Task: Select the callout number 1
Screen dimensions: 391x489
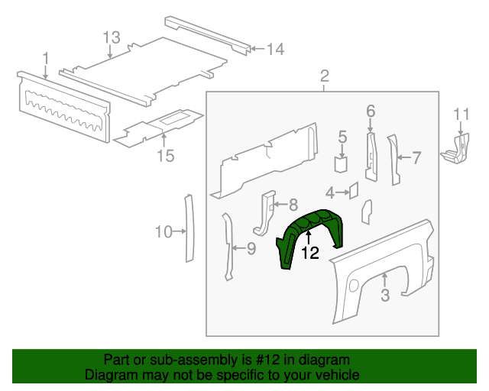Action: (x=46, y=57)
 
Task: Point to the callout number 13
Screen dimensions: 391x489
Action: (x=111, y=37)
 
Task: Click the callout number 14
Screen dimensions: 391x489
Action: (x=274, y=50)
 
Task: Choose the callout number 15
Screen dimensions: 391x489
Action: (x=166, y=156)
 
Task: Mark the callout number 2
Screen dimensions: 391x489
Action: (x=324, y=76)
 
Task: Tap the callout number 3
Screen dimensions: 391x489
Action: (x=386, y=295)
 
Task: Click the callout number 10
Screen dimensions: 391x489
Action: (x=164, y=231)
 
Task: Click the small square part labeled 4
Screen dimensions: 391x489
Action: (x=354, y=190)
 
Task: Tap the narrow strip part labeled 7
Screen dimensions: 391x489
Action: (x=395, y=160)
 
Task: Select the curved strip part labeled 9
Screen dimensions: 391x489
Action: (x=227, y=246)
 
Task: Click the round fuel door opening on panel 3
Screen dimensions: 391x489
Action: (x=353, y=285)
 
